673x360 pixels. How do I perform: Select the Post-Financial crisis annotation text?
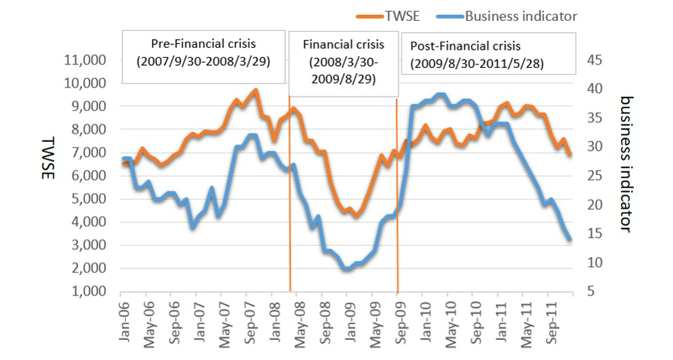[x=465, y=46]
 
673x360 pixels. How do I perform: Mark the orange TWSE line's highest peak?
[x=255, y=90]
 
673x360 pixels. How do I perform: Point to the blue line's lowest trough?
[x=347, y=269]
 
